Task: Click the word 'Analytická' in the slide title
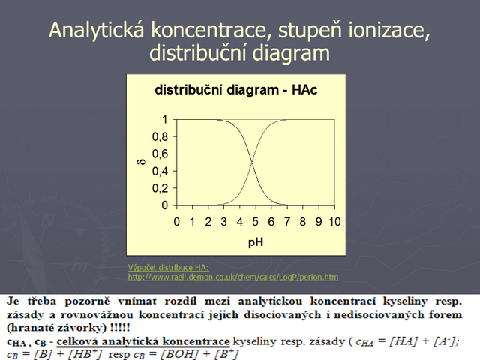pos(97,30)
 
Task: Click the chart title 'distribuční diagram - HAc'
pos(235,90)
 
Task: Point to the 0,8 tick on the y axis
pos(160,136)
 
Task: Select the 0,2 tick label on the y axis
pos(160,188)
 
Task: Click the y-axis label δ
pos(142,162)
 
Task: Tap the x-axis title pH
pos(256,242)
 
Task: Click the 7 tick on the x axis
pos(286,222)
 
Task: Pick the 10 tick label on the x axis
pos(334,222)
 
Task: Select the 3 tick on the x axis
pos(223,222)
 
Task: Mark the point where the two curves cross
pos(252,163)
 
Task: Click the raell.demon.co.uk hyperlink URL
pos(233,277)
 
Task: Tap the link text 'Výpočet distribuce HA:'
pos(169,268)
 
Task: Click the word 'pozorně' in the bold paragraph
pos(87,301)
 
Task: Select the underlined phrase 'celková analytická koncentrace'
pos(143,341)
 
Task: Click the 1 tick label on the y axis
pos(165,119)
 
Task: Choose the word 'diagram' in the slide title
pos(291,54)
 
